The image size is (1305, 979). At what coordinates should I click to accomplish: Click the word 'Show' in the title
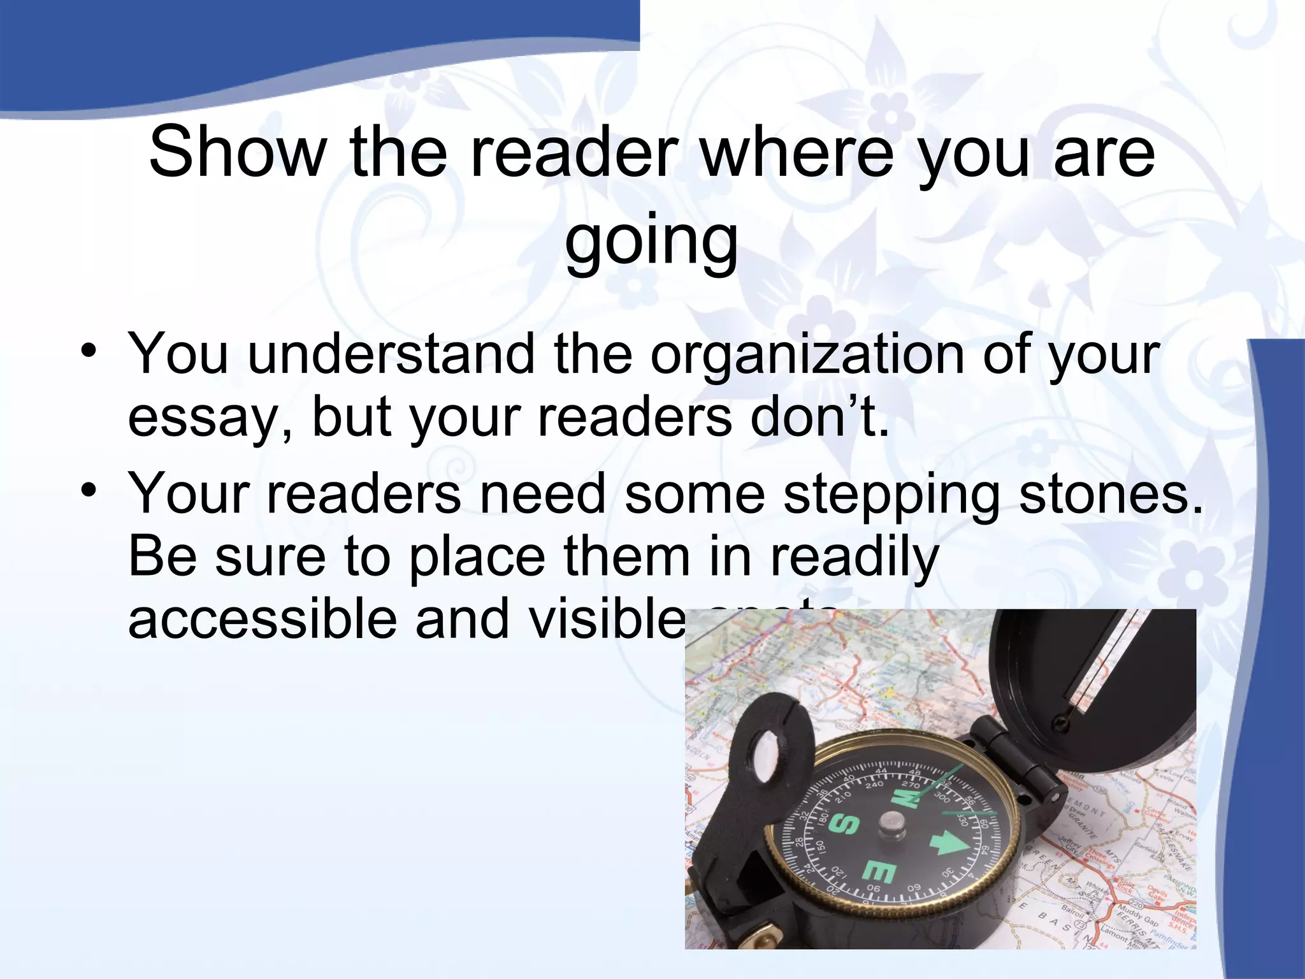click(236, 153)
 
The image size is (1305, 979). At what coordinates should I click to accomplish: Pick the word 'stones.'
click(1112, 494)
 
